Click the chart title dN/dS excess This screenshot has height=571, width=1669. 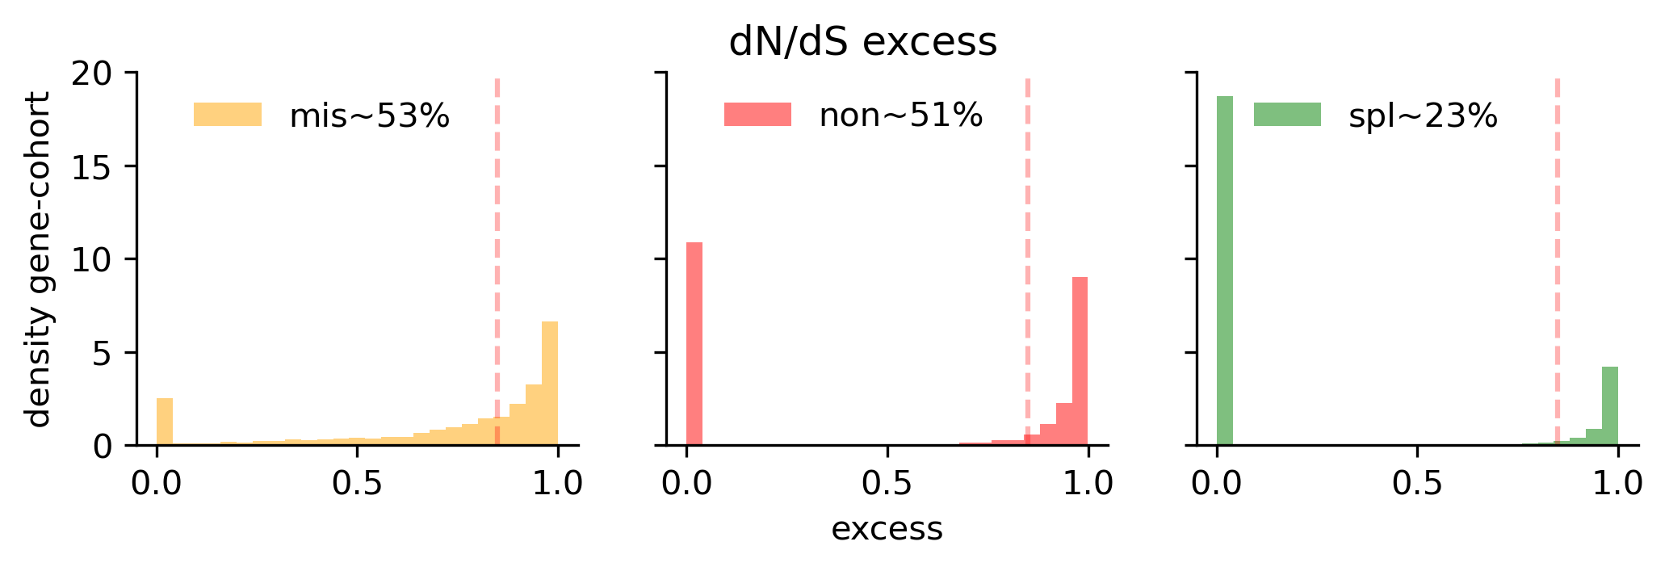[862, 42]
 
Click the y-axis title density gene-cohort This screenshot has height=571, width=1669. [37, 259]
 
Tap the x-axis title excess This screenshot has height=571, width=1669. [887, 530]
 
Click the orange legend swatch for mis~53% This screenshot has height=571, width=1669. [228, 115]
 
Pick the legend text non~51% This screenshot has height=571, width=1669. [900, 115]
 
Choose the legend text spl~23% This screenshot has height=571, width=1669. [1423, 116]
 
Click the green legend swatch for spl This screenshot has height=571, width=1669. [1287, 115]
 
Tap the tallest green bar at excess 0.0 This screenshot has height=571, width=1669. [1225, 271]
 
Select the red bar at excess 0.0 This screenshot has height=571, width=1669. [694, 343]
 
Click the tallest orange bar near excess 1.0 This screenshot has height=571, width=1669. [550, 384]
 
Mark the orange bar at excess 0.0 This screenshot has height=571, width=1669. [165, 422]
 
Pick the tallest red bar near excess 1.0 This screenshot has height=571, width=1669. [1080, 361]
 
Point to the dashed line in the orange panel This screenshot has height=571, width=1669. [497, 242]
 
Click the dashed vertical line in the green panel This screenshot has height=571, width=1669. [1558, 242]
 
